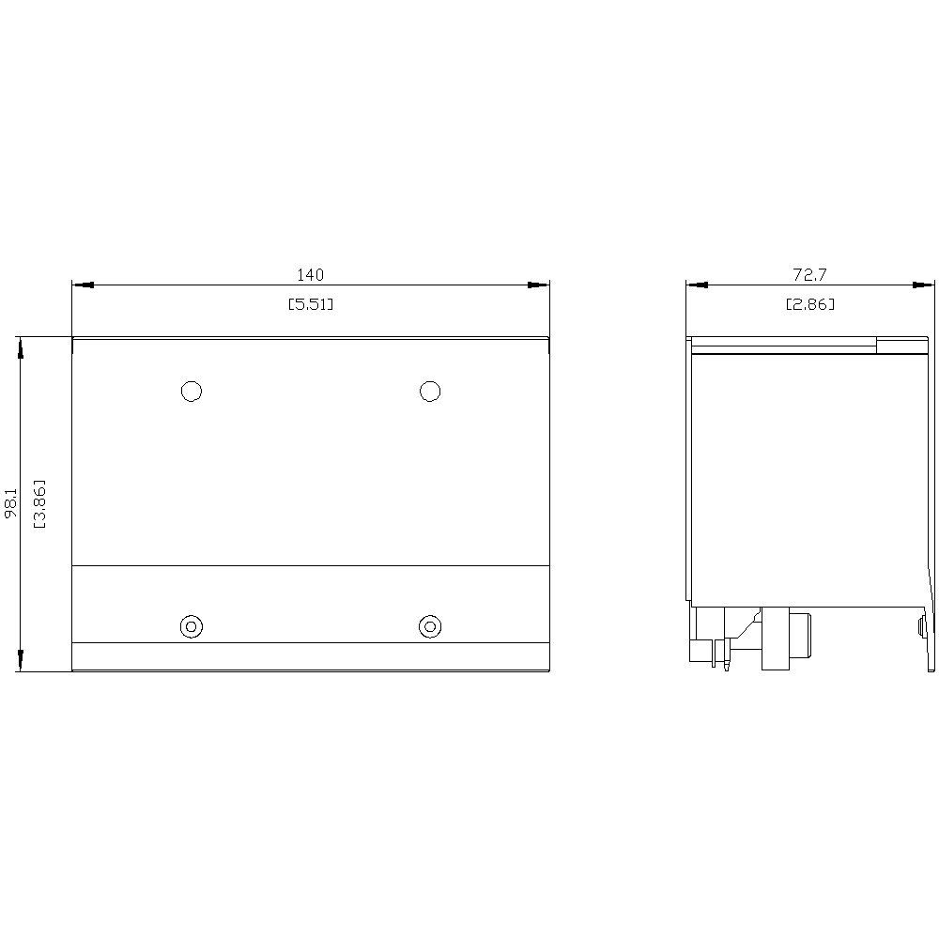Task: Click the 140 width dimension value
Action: [x=310, y=275]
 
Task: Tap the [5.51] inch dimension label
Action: [x=310, y=304]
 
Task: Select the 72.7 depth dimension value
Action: [x=809, y=275]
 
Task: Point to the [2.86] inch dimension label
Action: [x=809, y=304]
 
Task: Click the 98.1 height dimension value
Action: [x=11, y=503]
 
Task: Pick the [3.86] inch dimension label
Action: [x=39, y=503]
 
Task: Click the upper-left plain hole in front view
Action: [x=192, y=391]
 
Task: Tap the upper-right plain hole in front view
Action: [x=430, y=391]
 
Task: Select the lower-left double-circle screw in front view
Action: [x=192, y=626]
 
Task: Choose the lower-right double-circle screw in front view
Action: [x=430, y=626]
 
